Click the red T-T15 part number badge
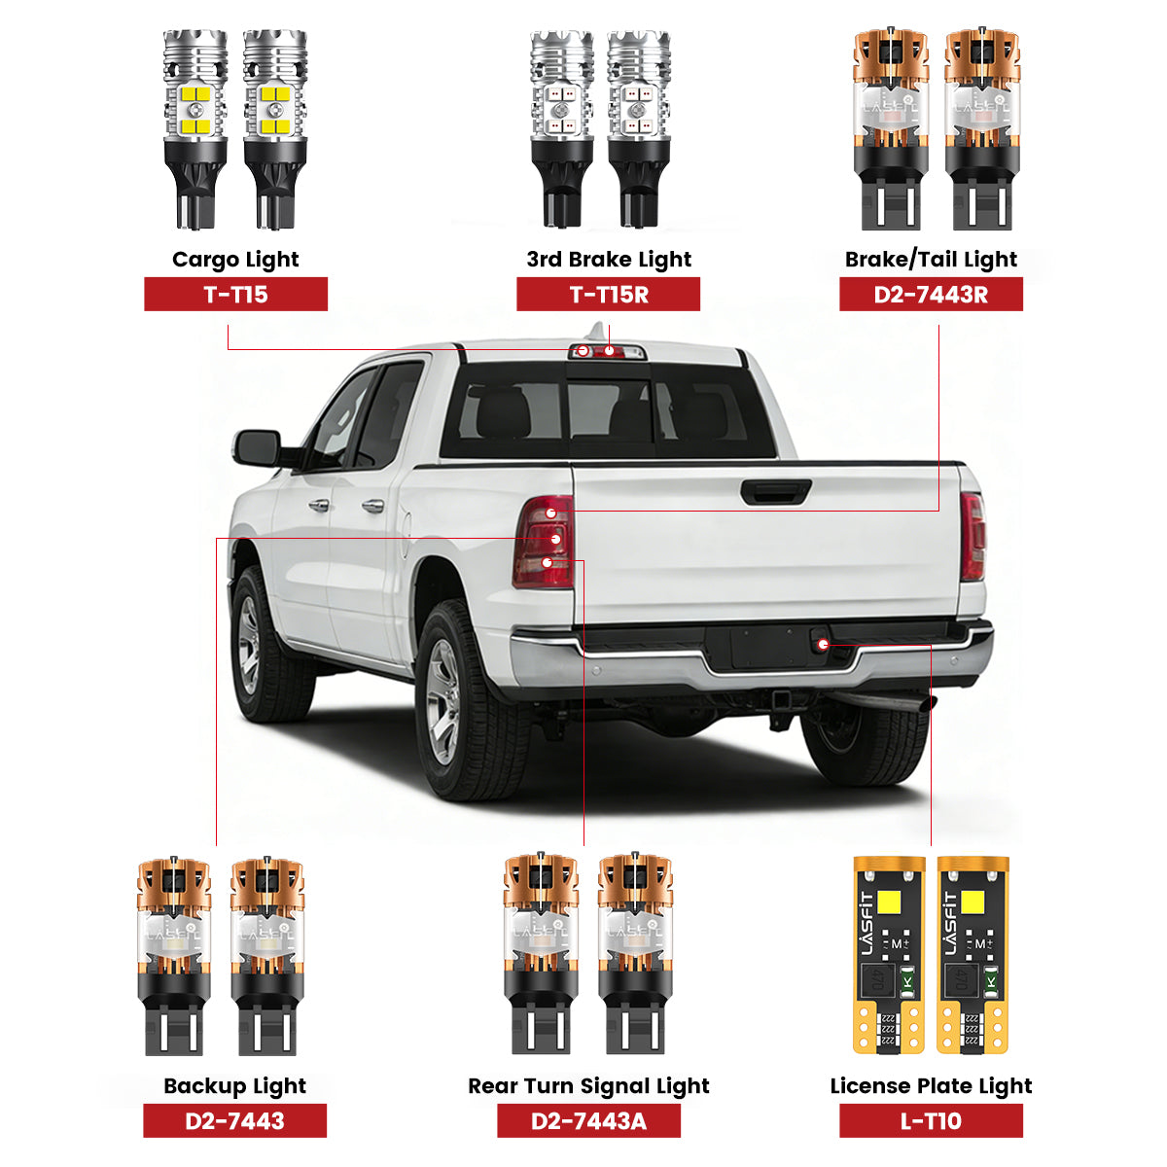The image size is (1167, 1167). click(235, 295)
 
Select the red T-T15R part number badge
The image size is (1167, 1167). click(608, 295)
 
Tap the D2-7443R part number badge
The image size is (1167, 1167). click(931, 295)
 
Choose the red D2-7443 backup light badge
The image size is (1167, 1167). click(234, 1120)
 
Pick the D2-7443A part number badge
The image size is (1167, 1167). click(588, 1120)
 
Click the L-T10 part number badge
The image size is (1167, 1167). click(931, 1120)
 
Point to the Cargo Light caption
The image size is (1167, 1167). click(235, 260)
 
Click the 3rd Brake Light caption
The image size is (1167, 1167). click(609, 260)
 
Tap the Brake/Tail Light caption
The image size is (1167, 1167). click(931, 260)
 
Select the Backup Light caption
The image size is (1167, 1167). click(234, 1086)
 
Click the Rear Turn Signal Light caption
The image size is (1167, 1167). click(588, 1086)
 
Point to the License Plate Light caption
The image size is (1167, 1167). click(931, 1086)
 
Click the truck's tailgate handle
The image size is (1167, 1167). click(775, 492)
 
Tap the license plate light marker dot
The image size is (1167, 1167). click(824, 644)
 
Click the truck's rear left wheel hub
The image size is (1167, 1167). click(442, 701)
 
